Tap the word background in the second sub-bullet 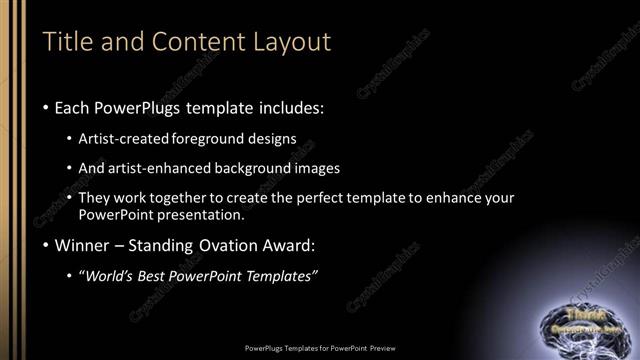278,168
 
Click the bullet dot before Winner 47,246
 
